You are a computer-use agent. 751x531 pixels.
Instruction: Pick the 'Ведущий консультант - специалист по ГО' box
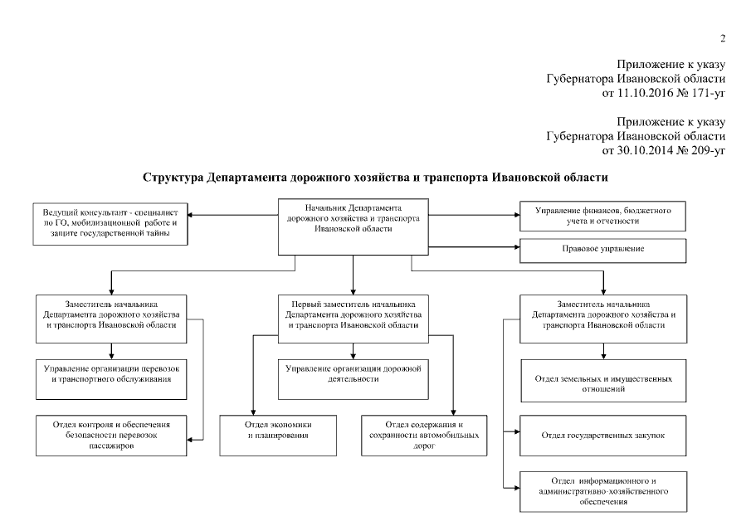click(110, 222)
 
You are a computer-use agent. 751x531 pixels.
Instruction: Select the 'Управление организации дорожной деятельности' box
click(354, 373)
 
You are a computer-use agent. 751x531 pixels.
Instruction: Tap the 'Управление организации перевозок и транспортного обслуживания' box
click(110, 373)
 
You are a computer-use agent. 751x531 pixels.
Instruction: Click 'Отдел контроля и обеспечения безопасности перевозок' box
click(110, 434)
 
